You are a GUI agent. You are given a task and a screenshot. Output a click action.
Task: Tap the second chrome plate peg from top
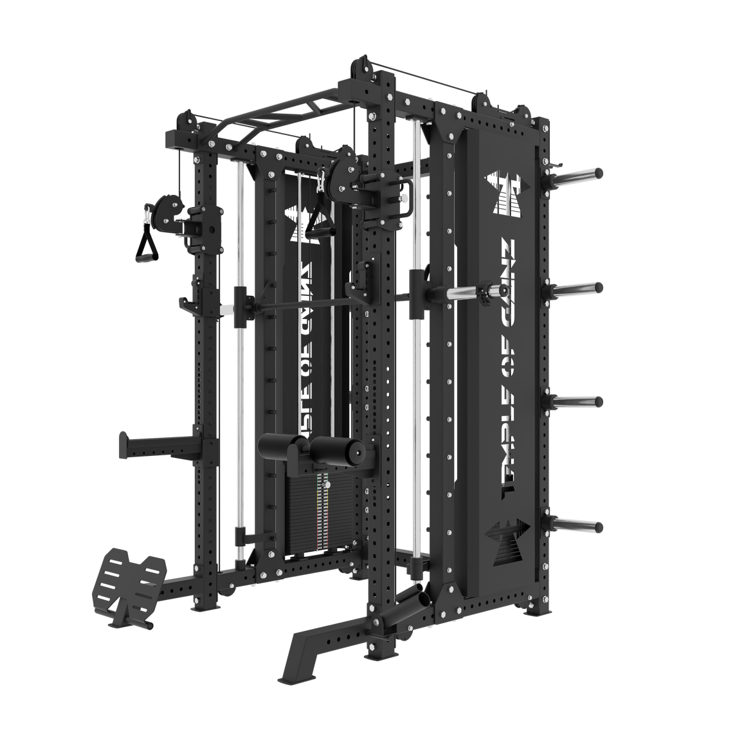click(x=579, y=287)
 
